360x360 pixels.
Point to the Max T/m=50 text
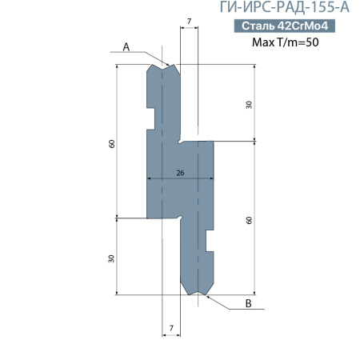pyautogui.click(x=285, y=42)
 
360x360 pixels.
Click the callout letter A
pyautogui.click(x=126, y=47)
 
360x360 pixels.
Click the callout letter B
pyautogui.click(x=248, y=304)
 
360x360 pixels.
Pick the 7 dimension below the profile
pyautogui.click(x=170, y=329)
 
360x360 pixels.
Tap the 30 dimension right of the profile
pyautogui.click(x=249, y=105)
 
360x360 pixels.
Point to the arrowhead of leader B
pyautogui.click(x=204, y=294)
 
